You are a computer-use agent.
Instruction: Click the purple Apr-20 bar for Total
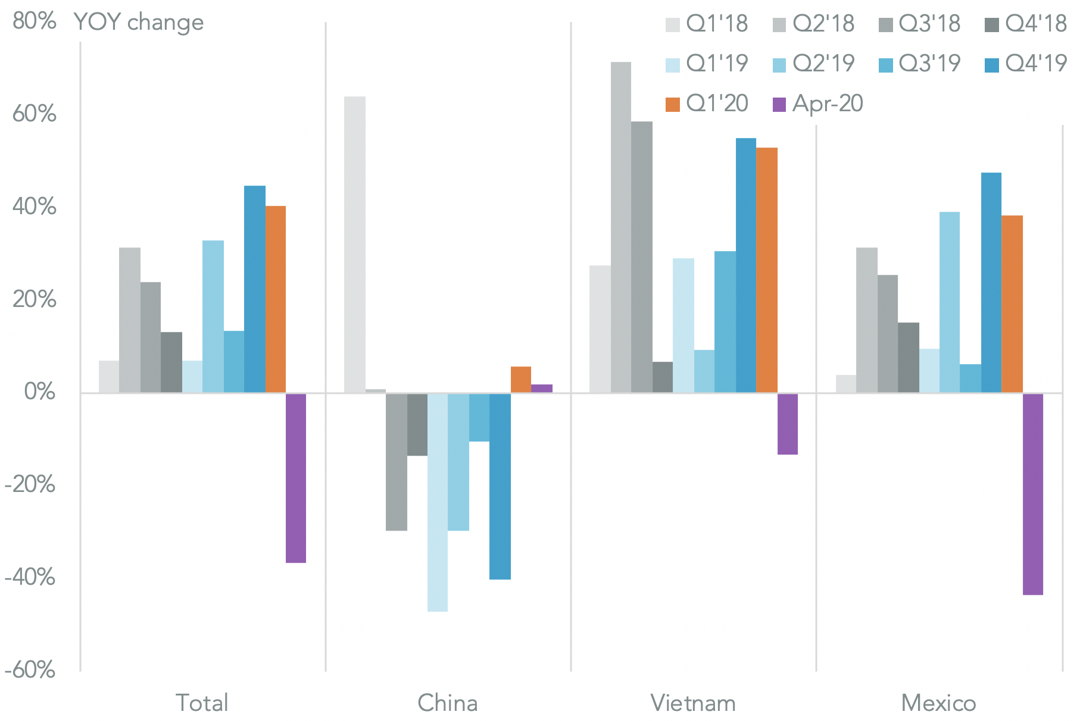click(x=296, y=478)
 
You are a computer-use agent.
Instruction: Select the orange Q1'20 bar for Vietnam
click(x=766, y=270)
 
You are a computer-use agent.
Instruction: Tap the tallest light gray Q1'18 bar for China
click(x=355, y=244)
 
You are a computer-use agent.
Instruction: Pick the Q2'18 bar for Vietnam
click(x=621, y=227)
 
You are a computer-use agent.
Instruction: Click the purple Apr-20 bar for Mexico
click(x=1032, y=494)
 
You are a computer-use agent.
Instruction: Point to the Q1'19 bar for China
click(x=438, y=502)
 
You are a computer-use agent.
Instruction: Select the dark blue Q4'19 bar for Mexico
click(x=991, y=283)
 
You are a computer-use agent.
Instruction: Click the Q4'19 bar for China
click(x=500, y=486)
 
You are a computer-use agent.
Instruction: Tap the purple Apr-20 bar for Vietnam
click(x=788, y=424)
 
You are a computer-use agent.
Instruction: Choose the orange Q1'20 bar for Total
click(x=275, y=299)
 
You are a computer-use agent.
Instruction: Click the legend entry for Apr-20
click(x=817, y=104)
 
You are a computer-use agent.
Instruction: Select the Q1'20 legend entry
click(x=707, y=104)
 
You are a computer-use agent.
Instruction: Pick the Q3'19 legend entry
click(x=920, y=64)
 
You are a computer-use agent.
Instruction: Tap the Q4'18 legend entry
click(x=1026, y=24)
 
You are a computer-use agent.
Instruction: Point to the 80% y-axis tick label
click(x=35, y=21)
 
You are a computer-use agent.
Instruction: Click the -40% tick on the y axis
click(x=30, y=577)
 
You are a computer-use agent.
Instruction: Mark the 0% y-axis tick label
click(x=40, y=392)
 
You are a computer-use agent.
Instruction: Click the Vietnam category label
click(x=693, y=703)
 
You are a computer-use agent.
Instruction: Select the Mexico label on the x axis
click(x=938, y=703)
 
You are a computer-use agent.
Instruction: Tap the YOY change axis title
click(x=139, y=23)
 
